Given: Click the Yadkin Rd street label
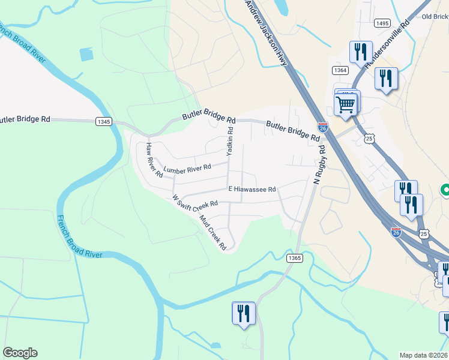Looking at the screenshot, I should pos(229,142).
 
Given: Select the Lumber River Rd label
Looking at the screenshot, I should pos(187,167).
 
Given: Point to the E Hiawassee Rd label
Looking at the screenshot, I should pos(252,189).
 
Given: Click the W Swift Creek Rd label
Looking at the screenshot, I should pos(194,205).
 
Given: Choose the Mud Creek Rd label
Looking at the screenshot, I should pos(212,232).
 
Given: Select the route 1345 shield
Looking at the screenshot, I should pos(103,121).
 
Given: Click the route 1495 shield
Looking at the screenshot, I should pos(382,23).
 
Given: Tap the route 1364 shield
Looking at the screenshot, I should pos(340,70).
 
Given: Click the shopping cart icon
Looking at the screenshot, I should pos(346,104).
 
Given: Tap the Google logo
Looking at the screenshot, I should pos(20,353).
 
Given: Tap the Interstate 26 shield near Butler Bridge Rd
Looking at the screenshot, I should pos(322,127).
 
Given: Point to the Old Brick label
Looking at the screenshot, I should pos(435,17).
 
